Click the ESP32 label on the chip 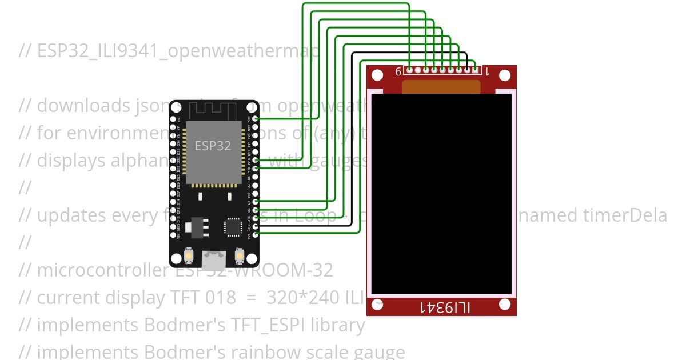(x=212, y=146)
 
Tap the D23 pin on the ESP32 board (x=255, y=118)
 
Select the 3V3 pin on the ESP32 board (x=255, y=234)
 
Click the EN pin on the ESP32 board (x=174, y=118)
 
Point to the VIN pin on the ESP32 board (x=174, y=234)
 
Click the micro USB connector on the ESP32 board (x=214, y=260)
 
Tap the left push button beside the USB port (x=189, y=254)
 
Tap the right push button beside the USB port (x=240, y=254)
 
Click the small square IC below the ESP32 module (x=233, y=226)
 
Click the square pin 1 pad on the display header (x=475, y=70)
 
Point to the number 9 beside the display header (x=398, y=72)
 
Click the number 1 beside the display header (x=486, y=72)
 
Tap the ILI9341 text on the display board (x=445, y=308)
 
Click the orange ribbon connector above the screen (x=441, y=86)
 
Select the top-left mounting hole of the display (x=377, y=75)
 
